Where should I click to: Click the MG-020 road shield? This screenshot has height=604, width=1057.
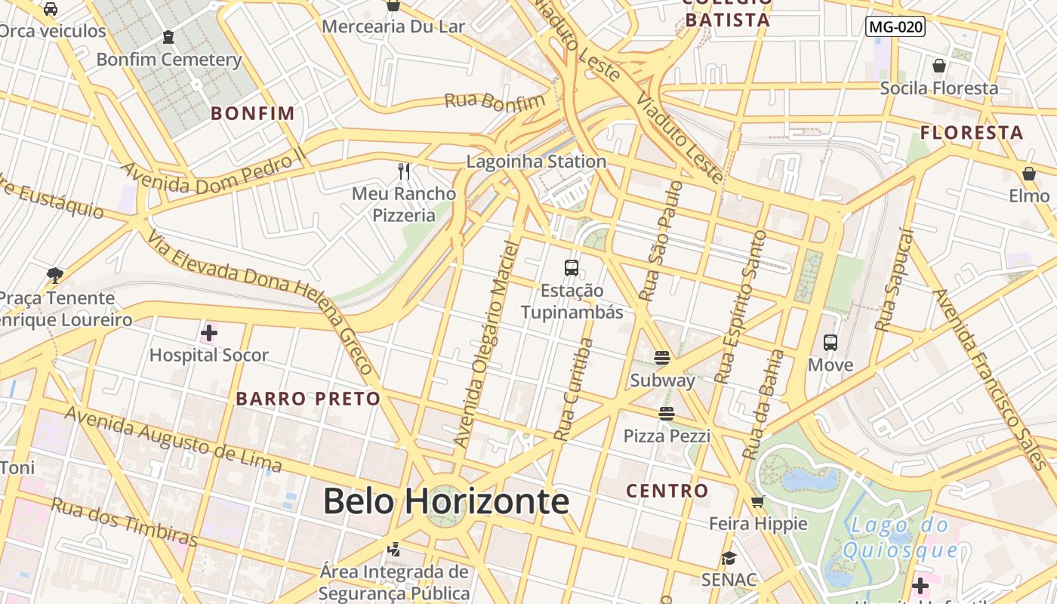(895, 27)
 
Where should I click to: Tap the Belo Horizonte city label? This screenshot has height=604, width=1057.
(445, 501)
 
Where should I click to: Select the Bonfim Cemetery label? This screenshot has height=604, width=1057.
(169, 60)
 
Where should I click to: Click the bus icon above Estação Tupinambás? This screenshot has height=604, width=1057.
(572, 267)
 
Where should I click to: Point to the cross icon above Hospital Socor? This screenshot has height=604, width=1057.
(209, 332)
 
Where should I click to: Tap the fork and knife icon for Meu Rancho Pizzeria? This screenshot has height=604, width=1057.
(404, 171)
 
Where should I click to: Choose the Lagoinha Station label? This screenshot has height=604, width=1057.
(536, 161)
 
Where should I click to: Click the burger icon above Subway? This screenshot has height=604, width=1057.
(662, 357)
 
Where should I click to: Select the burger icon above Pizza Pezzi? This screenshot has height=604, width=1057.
(666, 413)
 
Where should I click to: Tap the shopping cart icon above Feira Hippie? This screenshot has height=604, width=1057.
(758, 501)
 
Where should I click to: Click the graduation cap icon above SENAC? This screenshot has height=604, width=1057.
(729, 558)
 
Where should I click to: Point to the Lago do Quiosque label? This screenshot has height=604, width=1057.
(900, 538)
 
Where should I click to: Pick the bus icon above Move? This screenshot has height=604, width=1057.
(830, 343)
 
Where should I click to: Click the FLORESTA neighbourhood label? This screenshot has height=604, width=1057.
(972, 133)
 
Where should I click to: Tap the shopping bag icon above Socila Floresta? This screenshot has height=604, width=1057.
(939, 66)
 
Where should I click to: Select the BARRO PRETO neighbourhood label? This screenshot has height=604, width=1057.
(308, 399)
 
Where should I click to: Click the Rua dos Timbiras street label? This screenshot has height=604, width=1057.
(124, 521)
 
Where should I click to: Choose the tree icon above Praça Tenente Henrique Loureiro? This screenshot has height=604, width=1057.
(54, 275)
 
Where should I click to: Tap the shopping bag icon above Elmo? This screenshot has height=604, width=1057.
(1029, 174)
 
